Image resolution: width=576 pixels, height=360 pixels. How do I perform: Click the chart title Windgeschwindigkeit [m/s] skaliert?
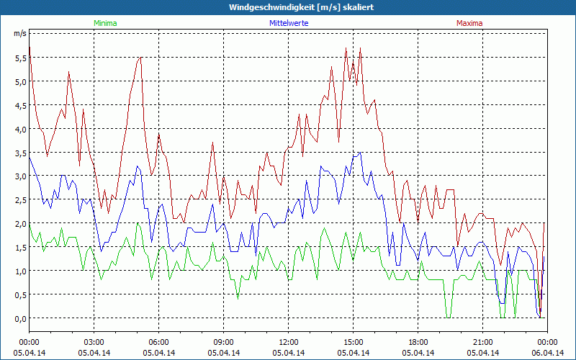(x=291, y=7)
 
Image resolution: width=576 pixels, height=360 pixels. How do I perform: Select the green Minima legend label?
(x=104, y=23)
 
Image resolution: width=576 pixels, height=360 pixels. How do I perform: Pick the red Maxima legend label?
(x=469, y=23)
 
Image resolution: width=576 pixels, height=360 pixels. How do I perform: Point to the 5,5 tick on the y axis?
(x=19, y=58)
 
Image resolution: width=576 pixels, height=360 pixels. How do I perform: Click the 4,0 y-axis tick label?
(x=19, y=129)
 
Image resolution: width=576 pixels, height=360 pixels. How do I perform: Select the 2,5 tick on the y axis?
(x=19, y=200)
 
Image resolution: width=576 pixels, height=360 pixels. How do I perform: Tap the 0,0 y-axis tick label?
(x=19, y=318)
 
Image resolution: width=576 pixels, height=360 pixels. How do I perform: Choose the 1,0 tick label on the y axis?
(x=19, y=271)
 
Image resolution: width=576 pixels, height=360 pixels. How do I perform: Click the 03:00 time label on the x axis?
(x=94, y=342)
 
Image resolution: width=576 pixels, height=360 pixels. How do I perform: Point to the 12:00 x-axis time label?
(x=289, y=342)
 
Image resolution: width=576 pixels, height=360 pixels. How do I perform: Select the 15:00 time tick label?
(x=354, y=342)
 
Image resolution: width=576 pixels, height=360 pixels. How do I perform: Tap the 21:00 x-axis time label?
(x=483, y=342)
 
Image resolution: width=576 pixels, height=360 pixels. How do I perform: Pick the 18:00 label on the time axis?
(x=418, y=342)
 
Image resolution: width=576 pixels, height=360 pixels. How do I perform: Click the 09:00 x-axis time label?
(x=224, y=342)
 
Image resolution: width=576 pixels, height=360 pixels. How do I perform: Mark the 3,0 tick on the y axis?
(x=19, y=176)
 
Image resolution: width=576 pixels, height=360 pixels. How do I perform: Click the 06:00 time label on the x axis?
(x=159, y=342)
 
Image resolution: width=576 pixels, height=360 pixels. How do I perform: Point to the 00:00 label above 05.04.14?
(x=30, y=342)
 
